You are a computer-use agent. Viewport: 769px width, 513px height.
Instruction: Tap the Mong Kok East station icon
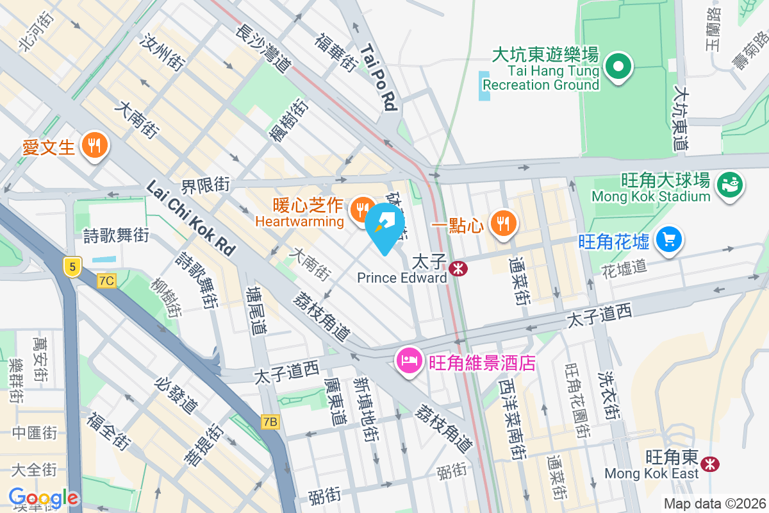pyautogui.click(x=709, y=463)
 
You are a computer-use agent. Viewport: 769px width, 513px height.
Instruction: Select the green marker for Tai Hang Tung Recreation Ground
pyautogui.click(x=618, y=67)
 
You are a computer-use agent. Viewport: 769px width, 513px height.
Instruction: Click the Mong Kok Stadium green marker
pyautogui.click(x=729, y=185)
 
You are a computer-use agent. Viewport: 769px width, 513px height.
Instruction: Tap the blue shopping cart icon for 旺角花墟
pyautogui.click(x=669, y=240)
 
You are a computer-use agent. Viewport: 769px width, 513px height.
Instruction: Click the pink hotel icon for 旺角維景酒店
pyautogui.click(x=409, y=362)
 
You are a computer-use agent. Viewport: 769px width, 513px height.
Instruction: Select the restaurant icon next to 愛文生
pyautogui.click(x=95, y=146)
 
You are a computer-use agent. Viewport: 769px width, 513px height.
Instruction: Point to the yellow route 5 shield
pyautogui.click(x=73, y=266)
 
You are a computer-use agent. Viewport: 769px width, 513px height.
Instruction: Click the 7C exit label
pyautogui.click(x=106, y=281)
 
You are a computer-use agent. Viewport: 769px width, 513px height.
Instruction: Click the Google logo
pyautogui.click(x=44, y=498)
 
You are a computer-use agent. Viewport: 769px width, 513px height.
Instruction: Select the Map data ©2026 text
pyautogui.click(x=715, y=504)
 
